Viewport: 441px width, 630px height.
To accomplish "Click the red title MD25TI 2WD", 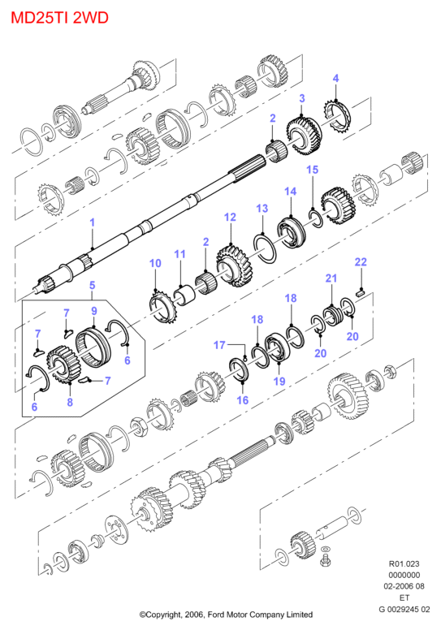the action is click(59, 18).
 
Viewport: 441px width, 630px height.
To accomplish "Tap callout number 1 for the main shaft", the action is click(93, 222).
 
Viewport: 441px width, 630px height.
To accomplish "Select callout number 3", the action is click(302, 98).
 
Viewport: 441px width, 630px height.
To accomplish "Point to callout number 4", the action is click(335, 78).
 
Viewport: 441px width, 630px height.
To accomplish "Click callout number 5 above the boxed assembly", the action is click(93, 285).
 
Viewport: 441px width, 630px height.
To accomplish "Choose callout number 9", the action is click(94, 311).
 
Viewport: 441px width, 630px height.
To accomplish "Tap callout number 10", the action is click(155, 263).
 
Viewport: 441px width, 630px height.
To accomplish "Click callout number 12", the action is click(230, 218).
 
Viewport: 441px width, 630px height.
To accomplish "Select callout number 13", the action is click(262, 209).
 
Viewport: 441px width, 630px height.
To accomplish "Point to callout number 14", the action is click(290, 192).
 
